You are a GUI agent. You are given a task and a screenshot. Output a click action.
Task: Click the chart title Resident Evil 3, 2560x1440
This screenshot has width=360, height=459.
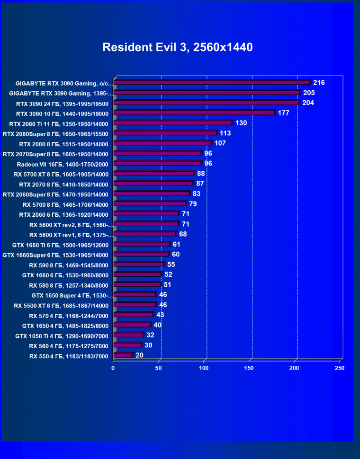pyautogui.click(x=178, y=47)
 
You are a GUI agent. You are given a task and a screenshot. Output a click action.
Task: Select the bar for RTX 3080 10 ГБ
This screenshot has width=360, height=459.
pyautogui.click(x=194, y=113)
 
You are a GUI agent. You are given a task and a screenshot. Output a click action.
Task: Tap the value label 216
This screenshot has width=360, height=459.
pyautogui.click(x=319, y=83)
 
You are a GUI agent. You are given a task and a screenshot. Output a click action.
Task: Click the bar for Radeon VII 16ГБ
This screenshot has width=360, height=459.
pyautogui.click(x=158, y=164)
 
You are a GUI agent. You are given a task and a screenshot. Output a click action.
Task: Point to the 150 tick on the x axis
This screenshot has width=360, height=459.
pyautogui.click(x=250, y=368)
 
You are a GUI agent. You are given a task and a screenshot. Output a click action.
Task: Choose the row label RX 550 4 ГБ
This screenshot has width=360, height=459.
pyautogui.click(x=69, y=356)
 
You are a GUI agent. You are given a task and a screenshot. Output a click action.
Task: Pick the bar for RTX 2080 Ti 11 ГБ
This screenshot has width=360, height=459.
pyautogui.click(x=173, y=123)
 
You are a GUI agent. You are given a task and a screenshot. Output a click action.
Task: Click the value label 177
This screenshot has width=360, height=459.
pyautogui.click(x=284, y=113)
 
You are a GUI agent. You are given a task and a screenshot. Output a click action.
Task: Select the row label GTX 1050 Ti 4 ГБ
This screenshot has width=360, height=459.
pyautogui.click(x=62, y=336)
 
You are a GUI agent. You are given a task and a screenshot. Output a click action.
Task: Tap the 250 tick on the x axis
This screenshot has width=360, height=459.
pyautogui.click(x=339, y=368)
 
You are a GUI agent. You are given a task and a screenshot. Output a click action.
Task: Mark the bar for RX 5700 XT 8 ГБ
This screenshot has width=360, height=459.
pyautogui.click(x=154, y=174)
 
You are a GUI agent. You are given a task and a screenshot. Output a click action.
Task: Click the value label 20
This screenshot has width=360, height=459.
pyautogui.click(x=139, y=355)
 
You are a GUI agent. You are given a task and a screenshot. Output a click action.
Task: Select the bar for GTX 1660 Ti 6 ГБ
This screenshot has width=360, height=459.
pyautogui.click(x=142, y=245)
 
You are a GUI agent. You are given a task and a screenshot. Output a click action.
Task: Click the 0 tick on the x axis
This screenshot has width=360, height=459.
pyautogui.click(x=113, y=368)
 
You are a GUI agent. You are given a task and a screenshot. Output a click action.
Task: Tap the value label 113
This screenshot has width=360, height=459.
pyautogui.click(x=225, y=133)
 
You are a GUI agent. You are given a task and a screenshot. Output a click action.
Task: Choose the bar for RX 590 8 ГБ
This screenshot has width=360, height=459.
pyautogui.click(x=139, y=265)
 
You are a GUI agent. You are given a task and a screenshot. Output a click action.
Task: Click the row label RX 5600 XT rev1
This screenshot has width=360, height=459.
pyautogui.click(x=71, y=235)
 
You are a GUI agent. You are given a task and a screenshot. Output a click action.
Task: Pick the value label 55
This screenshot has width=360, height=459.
pyautogui.click(x=171, y=265)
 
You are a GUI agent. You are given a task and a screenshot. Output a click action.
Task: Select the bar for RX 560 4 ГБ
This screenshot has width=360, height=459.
pyautogui.click(x=127, y=345)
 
